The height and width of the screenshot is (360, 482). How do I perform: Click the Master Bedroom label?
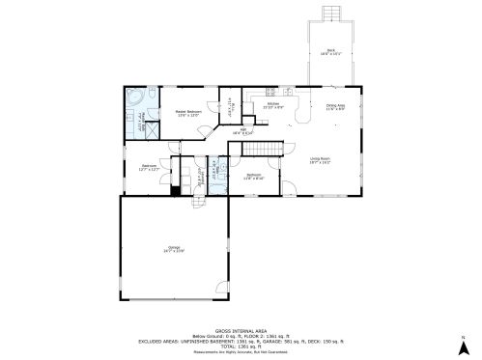pos(188,114)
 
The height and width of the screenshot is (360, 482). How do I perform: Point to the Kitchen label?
pos(273,105)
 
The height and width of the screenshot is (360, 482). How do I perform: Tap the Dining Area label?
pos(335,108)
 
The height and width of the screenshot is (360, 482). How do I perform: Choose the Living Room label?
pos(320,161)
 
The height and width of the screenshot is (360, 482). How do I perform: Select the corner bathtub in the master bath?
pos(134,98)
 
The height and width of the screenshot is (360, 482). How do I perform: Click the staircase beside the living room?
pos(259,149)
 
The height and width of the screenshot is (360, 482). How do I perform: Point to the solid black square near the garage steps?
pos(175,189)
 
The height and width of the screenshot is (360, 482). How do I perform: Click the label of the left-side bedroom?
pos(149,167)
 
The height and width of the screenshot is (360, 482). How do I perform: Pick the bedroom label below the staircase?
pos(253,178)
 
